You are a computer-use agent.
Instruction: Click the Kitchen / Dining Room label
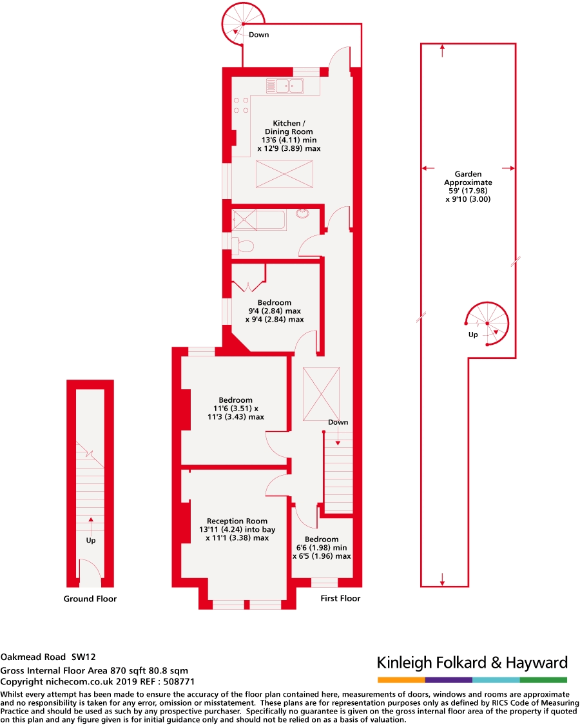pos(287,127)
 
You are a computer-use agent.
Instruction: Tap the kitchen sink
pos(288,85)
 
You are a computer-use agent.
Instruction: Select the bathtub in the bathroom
pos(258,219)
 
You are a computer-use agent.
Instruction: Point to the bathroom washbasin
pos(304,213)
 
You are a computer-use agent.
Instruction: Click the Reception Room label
pos(237,521)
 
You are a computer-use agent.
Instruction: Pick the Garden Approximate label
pos(468,179)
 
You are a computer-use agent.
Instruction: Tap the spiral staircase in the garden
pos(487,324)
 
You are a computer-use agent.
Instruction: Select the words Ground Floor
pos(90,599)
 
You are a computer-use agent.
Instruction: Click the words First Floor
pos(340,598)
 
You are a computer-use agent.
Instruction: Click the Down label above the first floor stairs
pos(338,422)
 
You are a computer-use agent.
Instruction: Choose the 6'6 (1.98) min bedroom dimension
pos(322,547)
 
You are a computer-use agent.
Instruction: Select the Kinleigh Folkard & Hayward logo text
pos(472,663)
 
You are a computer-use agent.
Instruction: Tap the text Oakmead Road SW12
pos(48,657)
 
